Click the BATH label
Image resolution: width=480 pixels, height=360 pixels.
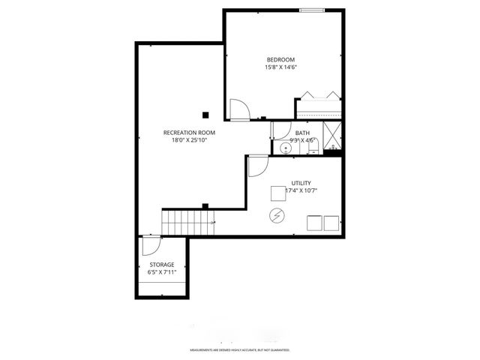301,133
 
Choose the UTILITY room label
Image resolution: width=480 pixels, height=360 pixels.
301,183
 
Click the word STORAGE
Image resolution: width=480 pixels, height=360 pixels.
161,265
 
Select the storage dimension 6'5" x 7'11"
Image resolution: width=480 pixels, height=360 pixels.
161,272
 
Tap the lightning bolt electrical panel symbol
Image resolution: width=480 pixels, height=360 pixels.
277,216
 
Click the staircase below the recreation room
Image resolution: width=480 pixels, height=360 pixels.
188,222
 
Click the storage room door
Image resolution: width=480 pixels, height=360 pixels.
150,247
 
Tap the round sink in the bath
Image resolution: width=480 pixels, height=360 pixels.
284,148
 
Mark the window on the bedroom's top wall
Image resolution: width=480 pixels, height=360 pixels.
313,10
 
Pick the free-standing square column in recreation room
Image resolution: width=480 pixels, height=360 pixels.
205,115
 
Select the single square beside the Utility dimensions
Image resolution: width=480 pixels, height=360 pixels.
277,193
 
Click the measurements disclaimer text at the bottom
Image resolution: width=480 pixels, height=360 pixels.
239,350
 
